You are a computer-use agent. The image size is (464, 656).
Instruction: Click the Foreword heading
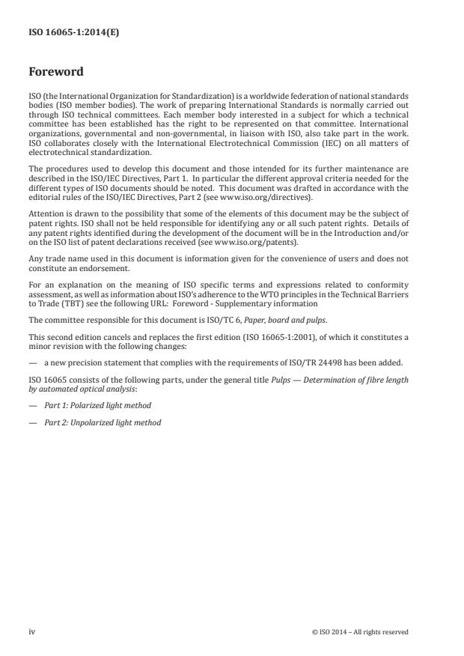click(x=56, y=73)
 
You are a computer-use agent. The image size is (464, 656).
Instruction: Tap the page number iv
click(x=32, y=631)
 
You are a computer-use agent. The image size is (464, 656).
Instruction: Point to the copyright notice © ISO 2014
click(x=360, y=632)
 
